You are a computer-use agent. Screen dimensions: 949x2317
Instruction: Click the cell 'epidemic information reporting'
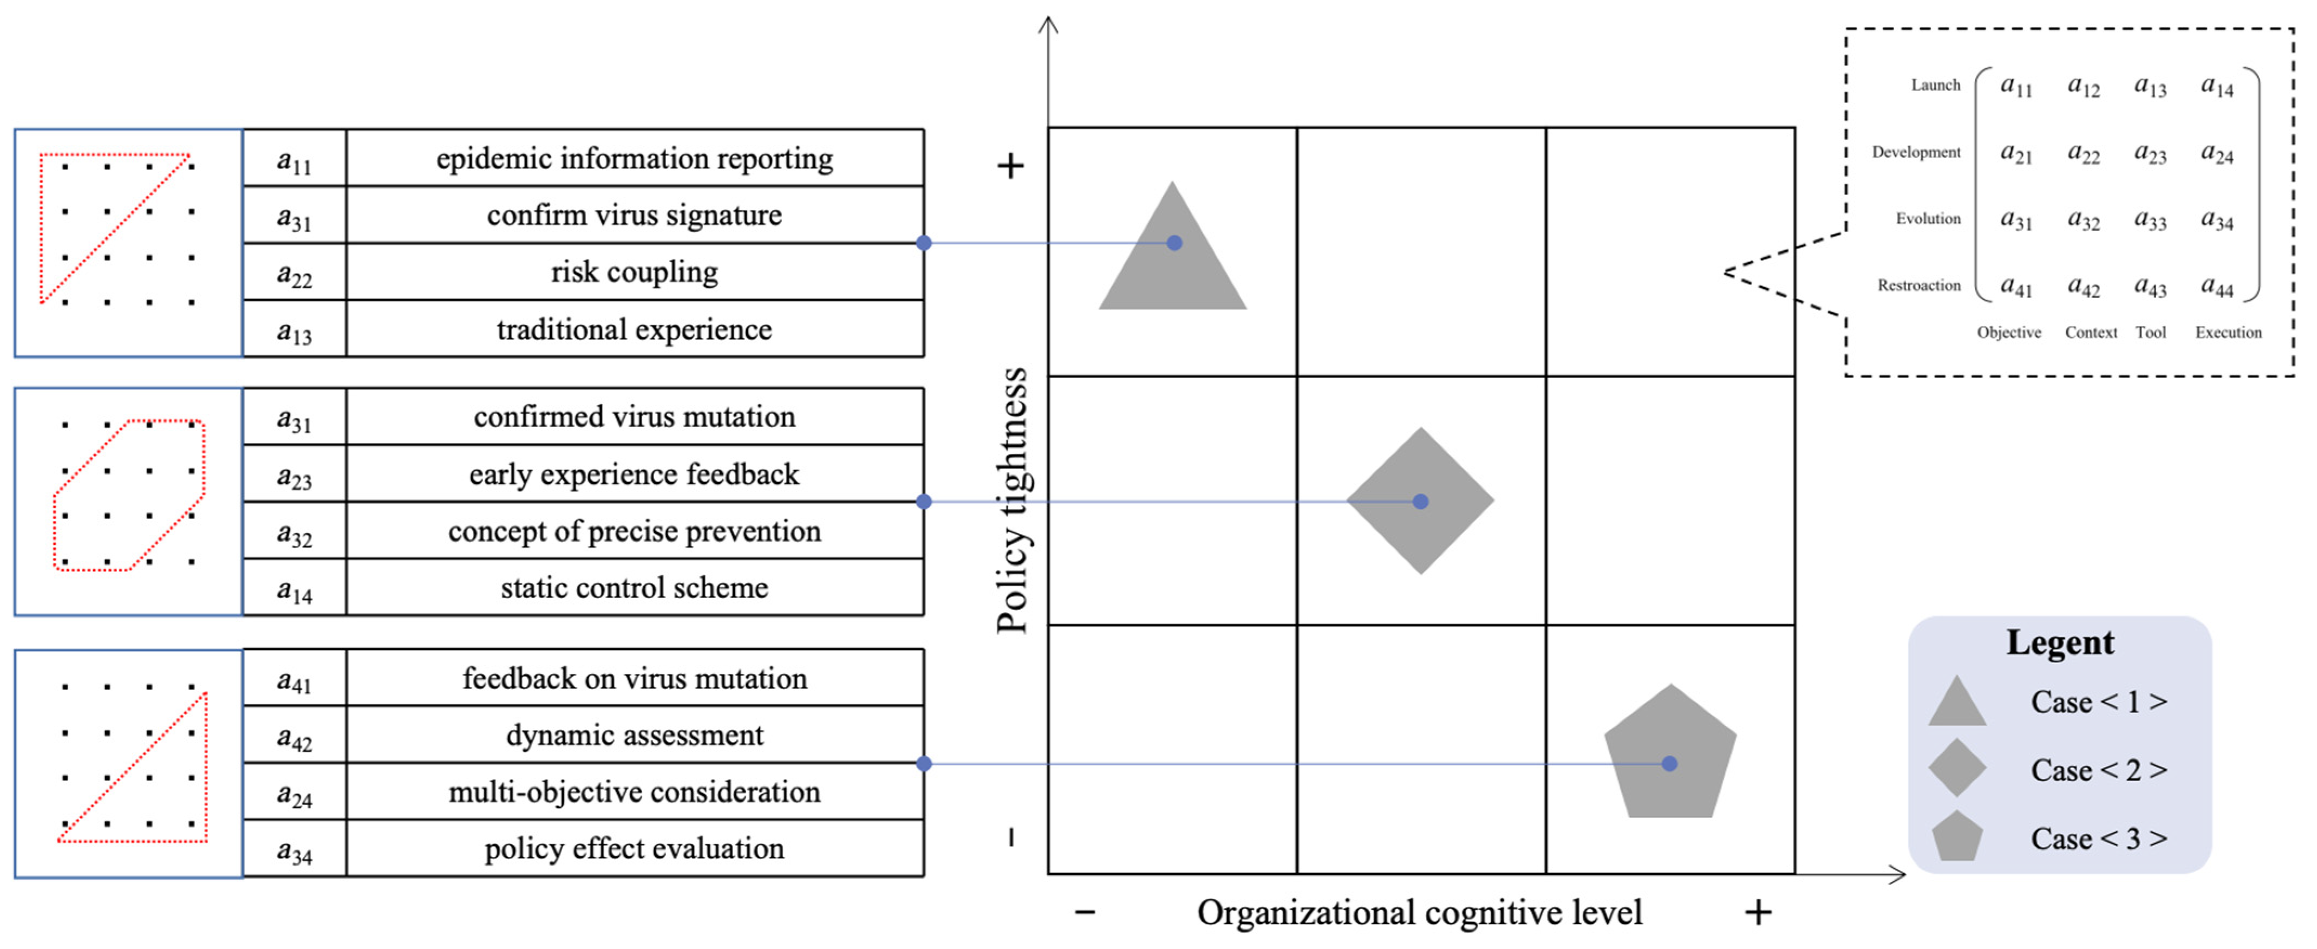[x=634, y=158]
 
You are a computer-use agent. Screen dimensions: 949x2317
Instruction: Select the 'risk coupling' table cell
[x=634, y=272]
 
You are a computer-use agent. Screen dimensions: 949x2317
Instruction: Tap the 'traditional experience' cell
[x=634, y=329]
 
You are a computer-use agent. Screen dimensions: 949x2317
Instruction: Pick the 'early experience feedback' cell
[x=634, y=474]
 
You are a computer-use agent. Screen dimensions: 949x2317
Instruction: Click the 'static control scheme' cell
[x=634, y=587]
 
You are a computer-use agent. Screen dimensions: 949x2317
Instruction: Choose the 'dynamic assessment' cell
[x=634, y=735]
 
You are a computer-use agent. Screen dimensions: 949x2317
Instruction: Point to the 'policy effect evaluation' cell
[x=634, y=848]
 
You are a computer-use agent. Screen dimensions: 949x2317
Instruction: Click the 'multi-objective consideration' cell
[x=634, y=791]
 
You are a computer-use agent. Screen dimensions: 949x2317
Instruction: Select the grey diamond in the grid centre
[x=1420, y=501]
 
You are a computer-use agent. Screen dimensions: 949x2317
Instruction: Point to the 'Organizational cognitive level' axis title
[x=1419, y=912]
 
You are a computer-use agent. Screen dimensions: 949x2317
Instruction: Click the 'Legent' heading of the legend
[x=2060, y=642]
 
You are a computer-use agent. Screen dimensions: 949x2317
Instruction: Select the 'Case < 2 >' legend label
[x=2098, y=770]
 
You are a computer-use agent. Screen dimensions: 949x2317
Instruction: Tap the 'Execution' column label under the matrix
[x=2228, y=332]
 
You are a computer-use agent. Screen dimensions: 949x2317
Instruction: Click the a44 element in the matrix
[x=2217, y=287]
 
